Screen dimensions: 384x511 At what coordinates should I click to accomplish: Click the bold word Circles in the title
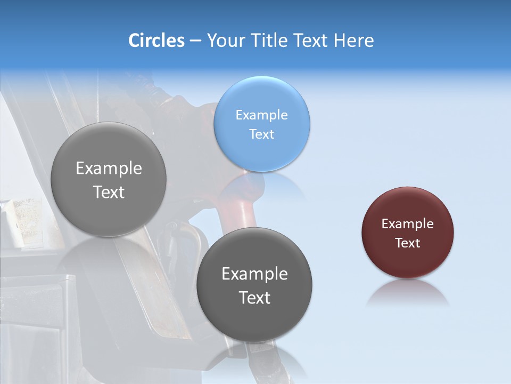click(x=156, y=41)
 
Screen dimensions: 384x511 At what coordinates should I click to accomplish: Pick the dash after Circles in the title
click(x=195, y=41)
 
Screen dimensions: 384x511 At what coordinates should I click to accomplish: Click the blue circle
click(x=262, y=124)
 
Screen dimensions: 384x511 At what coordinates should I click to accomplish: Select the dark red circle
click(x=408, y=233)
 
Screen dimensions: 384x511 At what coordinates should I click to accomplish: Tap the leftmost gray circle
click(x=109, y=180)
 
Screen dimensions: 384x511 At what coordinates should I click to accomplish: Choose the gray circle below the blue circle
click(x=254, y=285)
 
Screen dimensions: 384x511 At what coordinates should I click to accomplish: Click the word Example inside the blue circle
click(x=262, y=115)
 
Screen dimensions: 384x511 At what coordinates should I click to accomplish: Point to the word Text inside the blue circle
click(x=262, y=134)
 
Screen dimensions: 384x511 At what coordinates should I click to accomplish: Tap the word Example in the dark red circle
click(x=408, y=223)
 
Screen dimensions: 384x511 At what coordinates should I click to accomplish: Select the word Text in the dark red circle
click(x=408, y=243)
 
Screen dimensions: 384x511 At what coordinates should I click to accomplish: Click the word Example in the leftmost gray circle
click(x=109, y=169)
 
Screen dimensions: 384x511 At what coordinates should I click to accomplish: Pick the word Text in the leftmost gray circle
click(x=109, y=192)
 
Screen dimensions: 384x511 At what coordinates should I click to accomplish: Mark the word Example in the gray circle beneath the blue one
click(x=254, y=274)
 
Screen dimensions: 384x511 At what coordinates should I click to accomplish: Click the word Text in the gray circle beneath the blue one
click(x=254, y=297)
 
